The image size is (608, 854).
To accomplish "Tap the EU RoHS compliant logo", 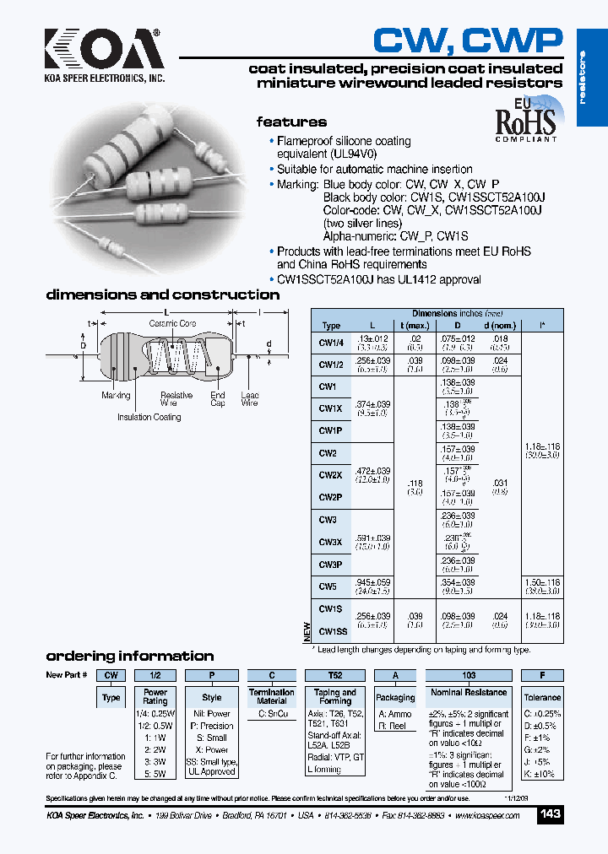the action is [x=524, y=120].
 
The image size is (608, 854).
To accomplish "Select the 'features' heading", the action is [x=291, y=122].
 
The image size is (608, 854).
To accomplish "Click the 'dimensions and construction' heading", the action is [x=162, y=295].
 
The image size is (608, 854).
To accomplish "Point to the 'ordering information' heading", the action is [x=129, y=656].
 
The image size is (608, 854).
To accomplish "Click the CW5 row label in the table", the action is [x=328, y=586].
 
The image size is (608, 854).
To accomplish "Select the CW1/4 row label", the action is [x=331, y=342].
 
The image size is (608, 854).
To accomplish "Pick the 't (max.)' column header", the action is [x=415, y=325].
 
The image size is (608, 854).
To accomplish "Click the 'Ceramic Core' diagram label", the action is [x=172, y=324].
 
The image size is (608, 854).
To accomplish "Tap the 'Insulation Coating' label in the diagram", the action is [x=149, y=417].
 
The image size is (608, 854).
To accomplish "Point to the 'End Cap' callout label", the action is [x=218, y=399].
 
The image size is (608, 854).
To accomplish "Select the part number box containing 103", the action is [x=468, y=675].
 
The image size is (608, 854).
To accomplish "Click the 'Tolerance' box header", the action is [x=542, y=697].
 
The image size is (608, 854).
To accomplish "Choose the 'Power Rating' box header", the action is [x=155, y=696].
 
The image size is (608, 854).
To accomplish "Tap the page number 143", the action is [x=550, y=814].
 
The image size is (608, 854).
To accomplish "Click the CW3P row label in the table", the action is [x=329, y=565].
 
